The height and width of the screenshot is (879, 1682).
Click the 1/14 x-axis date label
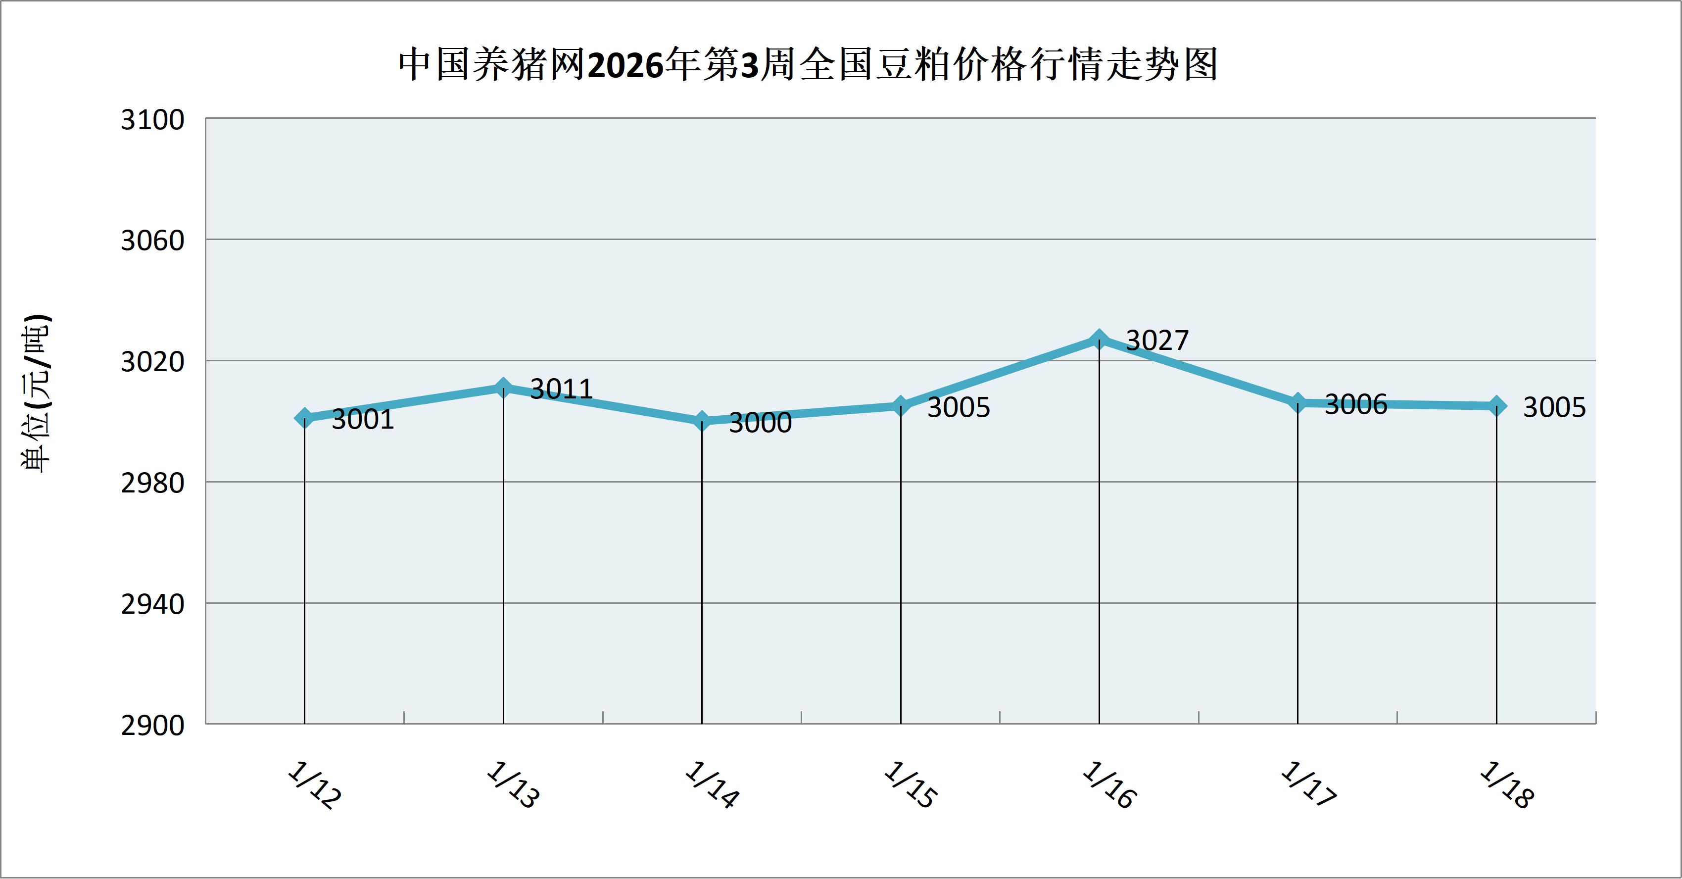point(712,785)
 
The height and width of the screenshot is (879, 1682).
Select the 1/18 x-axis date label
point(1507,785)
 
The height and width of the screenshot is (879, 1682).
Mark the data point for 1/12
point(304,417)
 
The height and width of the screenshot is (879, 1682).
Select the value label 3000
point(760,423)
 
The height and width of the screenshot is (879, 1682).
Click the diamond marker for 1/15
point(901,405)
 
